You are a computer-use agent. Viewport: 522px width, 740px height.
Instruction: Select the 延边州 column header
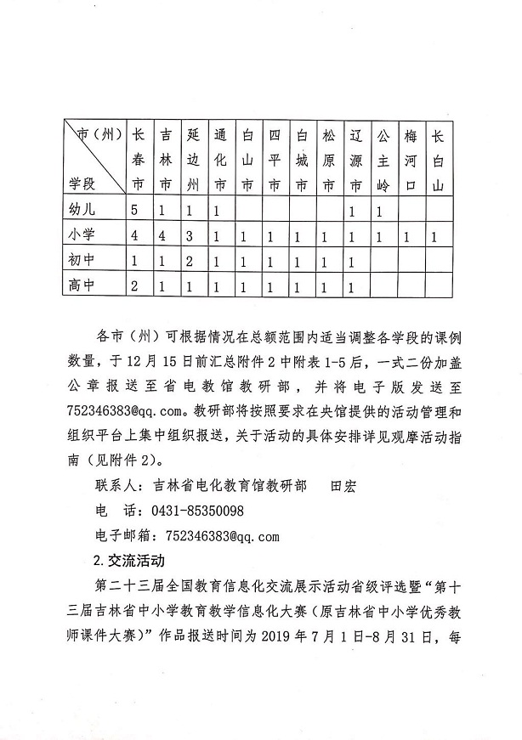[x=193, y=159]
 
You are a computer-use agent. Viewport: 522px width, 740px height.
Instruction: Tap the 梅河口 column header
[x=411, y=159]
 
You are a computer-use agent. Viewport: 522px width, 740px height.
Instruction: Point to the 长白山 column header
[x=438, y=159]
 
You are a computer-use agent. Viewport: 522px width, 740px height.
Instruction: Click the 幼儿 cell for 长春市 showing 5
[x=134, y=209]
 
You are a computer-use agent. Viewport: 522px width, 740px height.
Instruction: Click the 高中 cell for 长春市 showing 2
[x=134, y=286]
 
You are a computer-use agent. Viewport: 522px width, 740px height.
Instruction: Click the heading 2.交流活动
[x=127, y=561]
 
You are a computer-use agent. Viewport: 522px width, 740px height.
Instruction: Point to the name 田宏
[x=344, y=486]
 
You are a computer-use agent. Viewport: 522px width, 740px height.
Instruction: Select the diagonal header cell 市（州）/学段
[x=94, y=159]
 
